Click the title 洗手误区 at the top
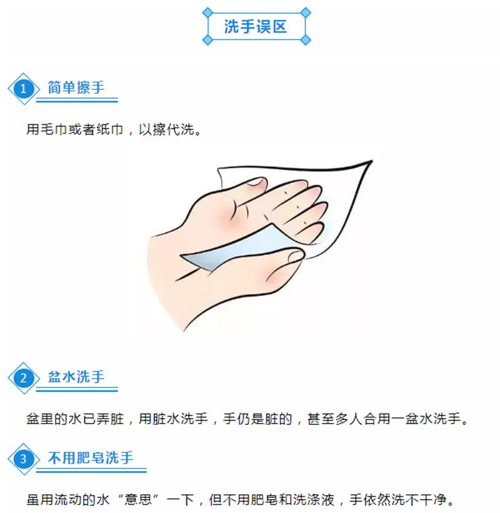tap(256, 26)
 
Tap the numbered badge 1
tap(24, 89)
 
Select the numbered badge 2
tap(24, 378)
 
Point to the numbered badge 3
tap(24, 459)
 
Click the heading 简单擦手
tap(76, 87)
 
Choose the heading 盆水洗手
tap(76, 377)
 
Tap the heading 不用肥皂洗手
tap(91, 458)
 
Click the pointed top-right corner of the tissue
tap(372, 161)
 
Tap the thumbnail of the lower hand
tap(296, 256)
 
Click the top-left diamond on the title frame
tap(207, 12)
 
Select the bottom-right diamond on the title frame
tap(306, 40)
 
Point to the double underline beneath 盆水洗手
tap(77, 389)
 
